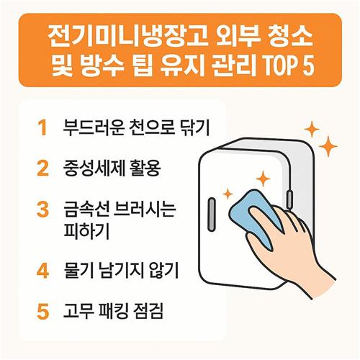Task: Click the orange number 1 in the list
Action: click(x=42, y=128)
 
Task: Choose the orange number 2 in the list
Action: click(x=43, y=168)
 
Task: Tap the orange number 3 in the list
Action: click(x=43, y=210)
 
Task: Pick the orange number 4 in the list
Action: click(x=43, y=271)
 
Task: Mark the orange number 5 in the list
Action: click(x=43, y=311)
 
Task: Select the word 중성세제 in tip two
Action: click(x=94, y=168)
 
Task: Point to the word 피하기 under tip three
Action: click(x=86, y=230)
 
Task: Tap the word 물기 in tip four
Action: click(x=78, y=271)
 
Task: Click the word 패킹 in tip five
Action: click(x=111, y=311)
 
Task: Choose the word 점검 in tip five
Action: click(x=147, y=311)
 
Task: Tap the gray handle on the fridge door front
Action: click(x=212, y=215)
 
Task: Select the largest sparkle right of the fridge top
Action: click(x=328, y=146)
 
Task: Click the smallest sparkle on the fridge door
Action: click(x=228, y=194)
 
